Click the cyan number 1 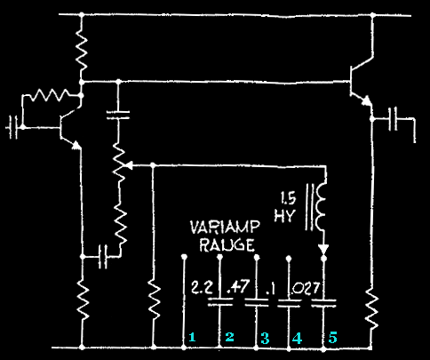[192, 337]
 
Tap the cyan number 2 [229, 337]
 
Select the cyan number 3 [265, 338]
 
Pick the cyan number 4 [297, 338]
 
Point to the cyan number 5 [332, 338]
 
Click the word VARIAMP [225, 228]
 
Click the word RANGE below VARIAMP [227, 244]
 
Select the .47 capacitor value [238, 286]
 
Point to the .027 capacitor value [306, 288]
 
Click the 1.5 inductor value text [289, 198]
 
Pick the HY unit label [284, 216]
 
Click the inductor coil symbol [322, 207]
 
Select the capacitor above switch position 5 [323, 303]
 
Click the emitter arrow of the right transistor [366, 100]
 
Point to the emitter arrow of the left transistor [76, 145]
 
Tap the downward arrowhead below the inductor [323, 249]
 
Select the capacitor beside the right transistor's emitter [393, 119]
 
